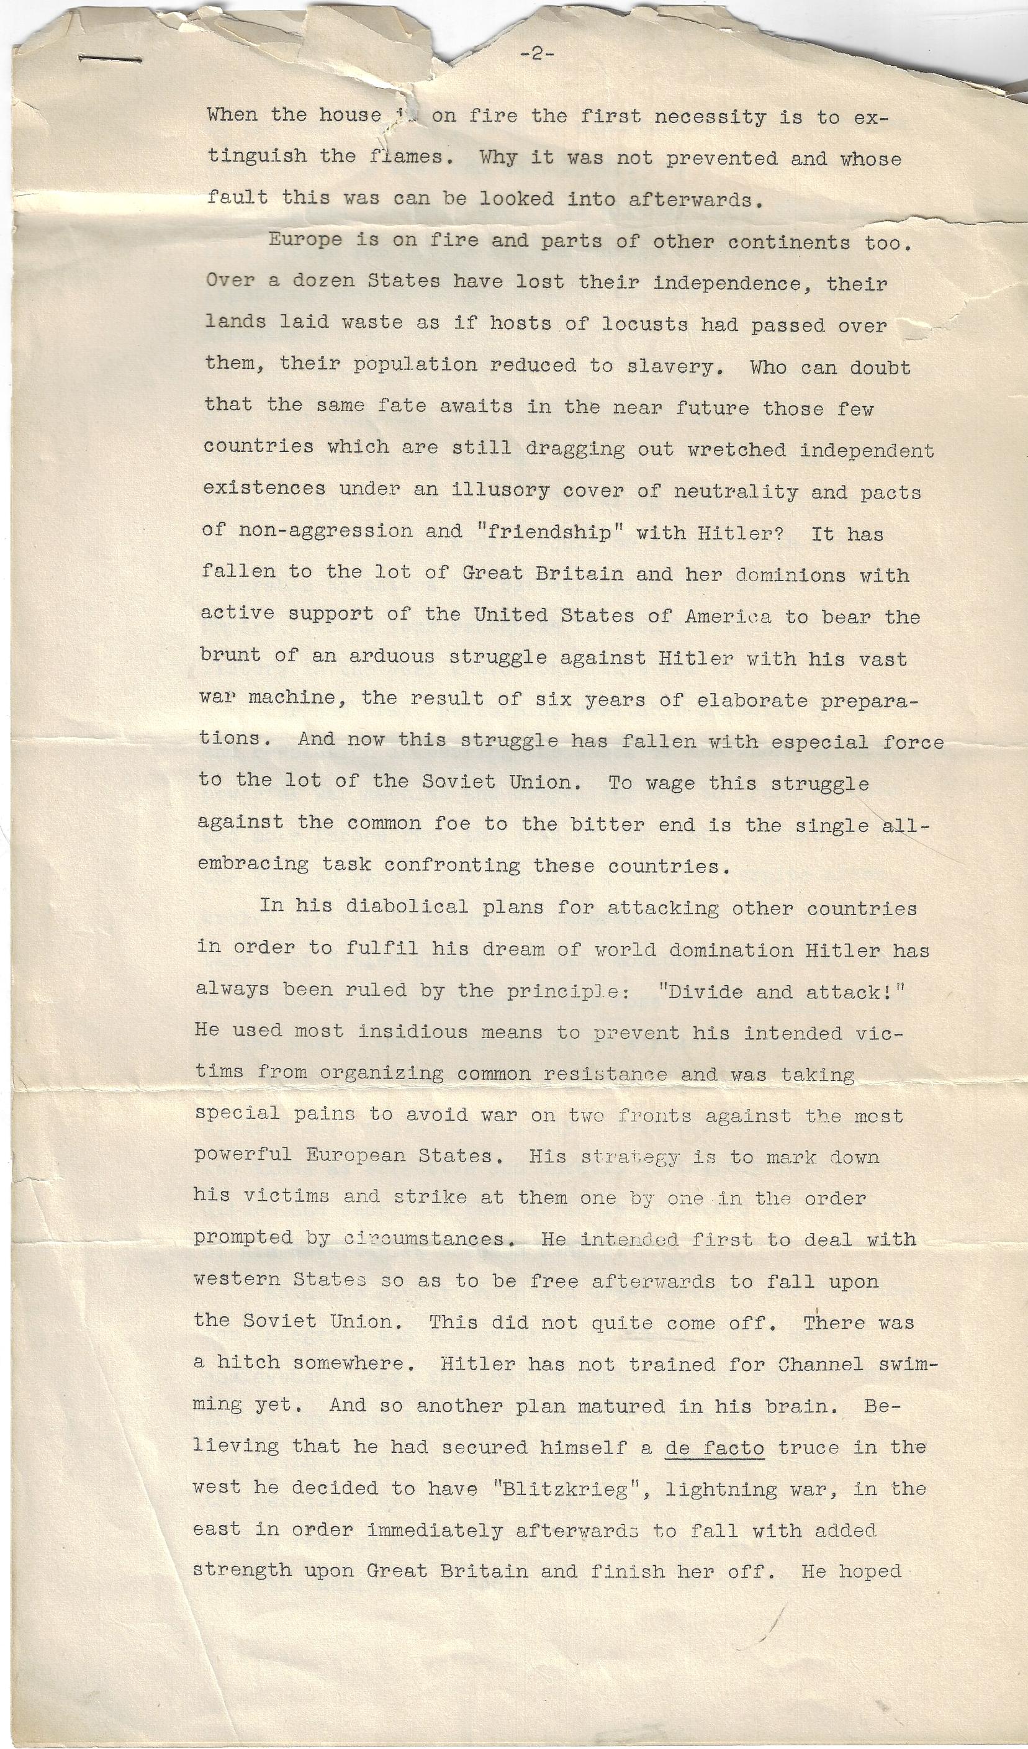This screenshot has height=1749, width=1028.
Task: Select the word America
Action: tap(728, 617)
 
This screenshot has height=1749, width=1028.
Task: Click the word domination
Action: tap(730, 949)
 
